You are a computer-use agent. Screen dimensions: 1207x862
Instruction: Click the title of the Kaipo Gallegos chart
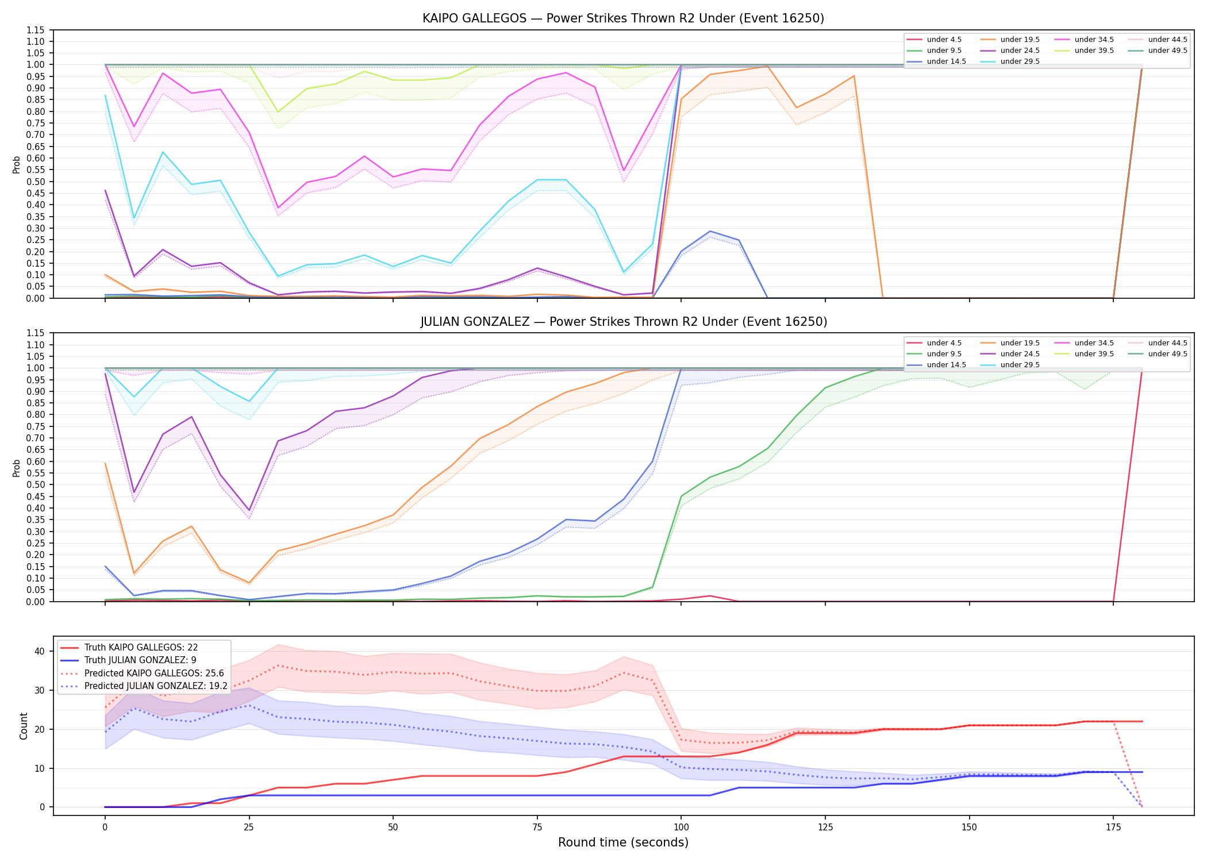pyautogui.click(x=623, y=18)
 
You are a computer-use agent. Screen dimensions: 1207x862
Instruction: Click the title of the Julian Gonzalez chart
pyautogui.click(x=624, y=322)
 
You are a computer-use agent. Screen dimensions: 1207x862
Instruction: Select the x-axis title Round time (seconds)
pyautogui.click(x=623, y=842)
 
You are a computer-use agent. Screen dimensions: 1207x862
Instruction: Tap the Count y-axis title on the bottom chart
pyautogui.click(x=24, y=726)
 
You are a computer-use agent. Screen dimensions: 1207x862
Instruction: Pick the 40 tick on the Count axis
pyautogui.click(x=40, y=651)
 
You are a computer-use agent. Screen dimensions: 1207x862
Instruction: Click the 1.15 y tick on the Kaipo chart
pyautogui.click(x=36, y=30)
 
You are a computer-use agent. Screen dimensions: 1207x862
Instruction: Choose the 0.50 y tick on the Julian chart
pyautogui.click(x=36, y=484)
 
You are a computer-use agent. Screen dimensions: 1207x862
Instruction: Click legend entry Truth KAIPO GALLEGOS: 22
pyautogui.click(x=141, y=648)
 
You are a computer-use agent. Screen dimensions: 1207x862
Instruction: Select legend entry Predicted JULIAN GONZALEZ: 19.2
pyautogui.click(x=156, y=686)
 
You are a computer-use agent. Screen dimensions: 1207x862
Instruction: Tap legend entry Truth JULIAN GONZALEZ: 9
pyautogui.click(x=140, y=660)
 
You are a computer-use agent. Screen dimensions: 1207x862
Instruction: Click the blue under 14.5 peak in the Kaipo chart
pyautogui.click(x=710, y=231)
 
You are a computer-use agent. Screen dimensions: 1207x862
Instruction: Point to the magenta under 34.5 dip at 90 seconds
pyautogui.click(x=624, y=171)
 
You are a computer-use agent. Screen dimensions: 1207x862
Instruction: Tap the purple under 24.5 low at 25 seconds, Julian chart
pyautogui.click(x=249, y=510)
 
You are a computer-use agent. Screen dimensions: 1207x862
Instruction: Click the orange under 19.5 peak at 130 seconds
pyautogui.click(x=854, y=76)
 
